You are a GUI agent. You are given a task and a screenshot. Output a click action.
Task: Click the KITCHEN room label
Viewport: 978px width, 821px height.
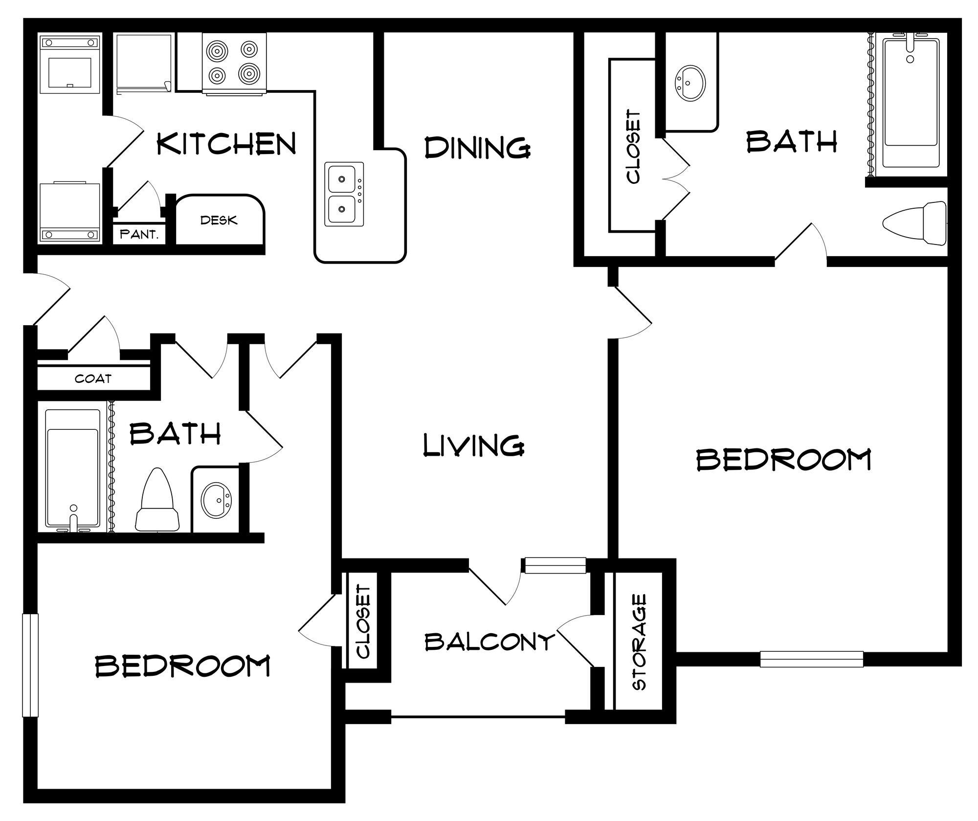click(226, 144)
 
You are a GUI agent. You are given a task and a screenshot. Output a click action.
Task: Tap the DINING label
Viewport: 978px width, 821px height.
click(477, 147)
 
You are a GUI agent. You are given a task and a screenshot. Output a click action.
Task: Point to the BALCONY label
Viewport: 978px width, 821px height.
click(489, 641)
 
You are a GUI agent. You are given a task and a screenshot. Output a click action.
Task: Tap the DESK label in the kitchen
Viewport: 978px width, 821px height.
click(219, 220)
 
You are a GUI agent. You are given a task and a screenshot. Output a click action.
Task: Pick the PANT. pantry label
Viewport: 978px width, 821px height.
click(139, 234)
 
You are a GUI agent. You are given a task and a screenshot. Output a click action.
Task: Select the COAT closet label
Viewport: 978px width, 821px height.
click(93, 378)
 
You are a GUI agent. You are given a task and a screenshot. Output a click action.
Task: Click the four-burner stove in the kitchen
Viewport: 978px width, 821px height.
click(234, 62)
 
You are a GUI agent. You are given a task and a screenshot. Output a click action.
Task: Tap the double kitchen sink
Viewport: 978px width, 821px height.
click(344, 194)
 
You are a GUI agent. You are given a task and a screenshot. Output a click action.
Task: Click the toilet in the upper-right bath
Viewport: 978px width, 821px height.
click(914, 223)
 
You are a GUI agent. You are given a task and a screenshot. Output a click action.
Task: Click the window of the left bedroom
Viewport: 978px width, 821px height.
click(30, 665)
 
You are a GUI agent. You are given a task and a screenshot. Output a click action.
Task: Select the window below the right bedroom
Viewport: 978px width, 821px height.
click(811, 659)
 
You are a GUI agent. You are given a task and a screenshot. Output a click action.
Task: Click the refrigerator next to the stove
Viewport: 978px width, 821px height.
click(144, 62)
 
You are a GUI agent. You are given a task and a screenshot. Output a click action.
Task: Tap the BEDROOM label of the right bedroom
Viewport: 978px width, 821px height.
click(783, 460)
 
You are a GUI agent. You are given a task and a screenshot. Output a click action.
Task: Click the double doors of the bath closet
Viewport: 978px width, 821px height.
click(676, 179)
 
